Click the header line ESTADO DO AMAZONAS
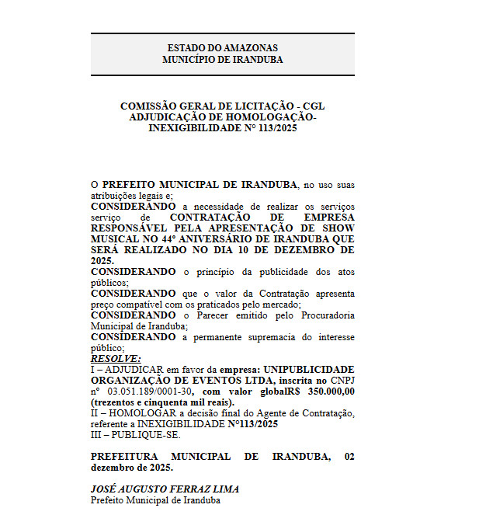tap(222, 48)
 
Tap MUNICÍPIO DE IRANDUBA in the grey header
tap(222, 60)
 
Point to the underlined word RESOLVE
tap(116, 359)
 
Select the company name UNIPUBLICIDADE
tap(310, 370)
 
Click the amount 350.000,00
tap(331, 391)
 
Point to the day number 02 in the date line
tap(349, 457)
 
